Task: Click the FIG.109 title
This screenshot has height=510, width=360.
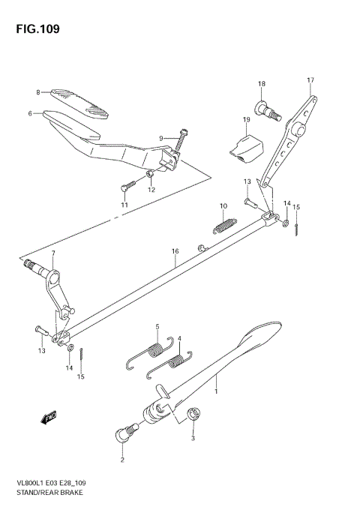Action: (35, 29)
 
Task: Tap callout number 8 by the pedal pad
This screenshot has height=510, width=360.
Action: (37, 92)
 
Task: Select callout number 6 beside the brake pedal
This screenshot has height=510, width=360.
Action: (31, 114)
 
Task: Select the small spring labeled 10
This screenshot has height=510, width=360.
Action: (223, 223)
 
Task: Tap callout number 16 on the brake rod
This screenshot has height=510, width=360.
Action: (175, 252)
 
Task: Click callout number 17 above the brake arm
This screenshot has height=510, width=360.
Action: (310, 79)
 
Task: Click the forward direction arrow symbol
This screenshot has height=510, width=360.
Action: (50, 416)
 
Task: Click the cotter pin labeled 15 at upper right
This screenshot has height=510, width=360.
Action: (297, 227)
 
